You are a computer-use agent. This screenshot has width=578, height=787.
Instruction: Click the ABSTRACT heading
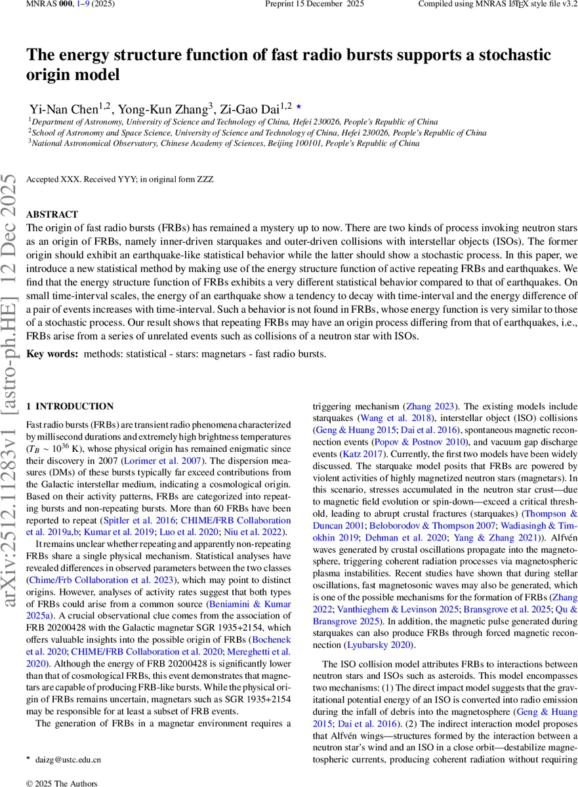(52, 214)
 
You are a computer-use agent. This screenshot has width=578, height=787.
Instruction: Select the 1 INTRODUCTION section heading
(74, 407)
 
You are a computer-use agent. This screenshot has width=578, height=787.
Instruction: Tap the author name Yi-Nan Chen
(62, 108)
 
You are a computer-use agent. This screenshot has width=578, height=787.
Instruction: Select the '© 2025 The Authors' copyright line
(61, 783)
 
